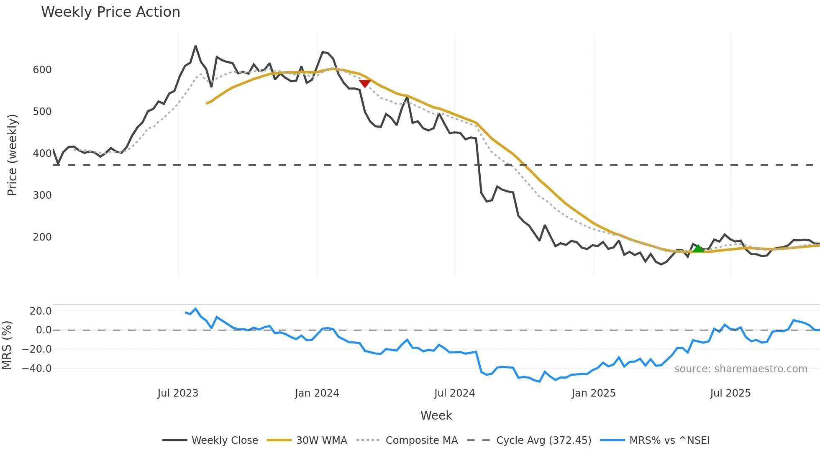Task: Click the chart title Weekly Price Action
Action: click(x=110, y=12)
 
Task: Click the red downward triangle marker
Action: click(x=365, y=83)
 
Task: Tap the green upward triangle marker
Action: click(x=698, y=248)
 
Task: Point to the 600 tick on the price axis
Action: click(x=42, y=70)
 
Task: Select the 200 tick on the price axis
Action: click(x=42, y=237)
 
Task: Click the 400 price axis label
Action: click(x=42, y=154)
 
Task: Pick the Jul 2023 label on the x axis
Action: click(x=178, y=393)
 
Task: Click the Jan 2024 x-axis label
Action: click(x=317, y=393)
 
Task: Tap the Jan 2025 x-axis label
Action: click(x=594, y=393)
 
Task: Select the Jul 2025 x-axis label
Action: click(x=730, y=393)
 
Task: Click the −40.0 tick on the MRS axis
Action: click(x=37, y=369)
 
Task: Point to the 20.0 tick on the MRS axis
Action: click(x=41, y=311)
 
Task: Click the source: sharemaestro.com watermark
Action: click(x=741, y=369)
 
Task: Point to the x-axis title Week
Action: click(x=436, y=415)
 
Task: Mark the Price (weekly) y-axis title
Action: click(x=13, y=155)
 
